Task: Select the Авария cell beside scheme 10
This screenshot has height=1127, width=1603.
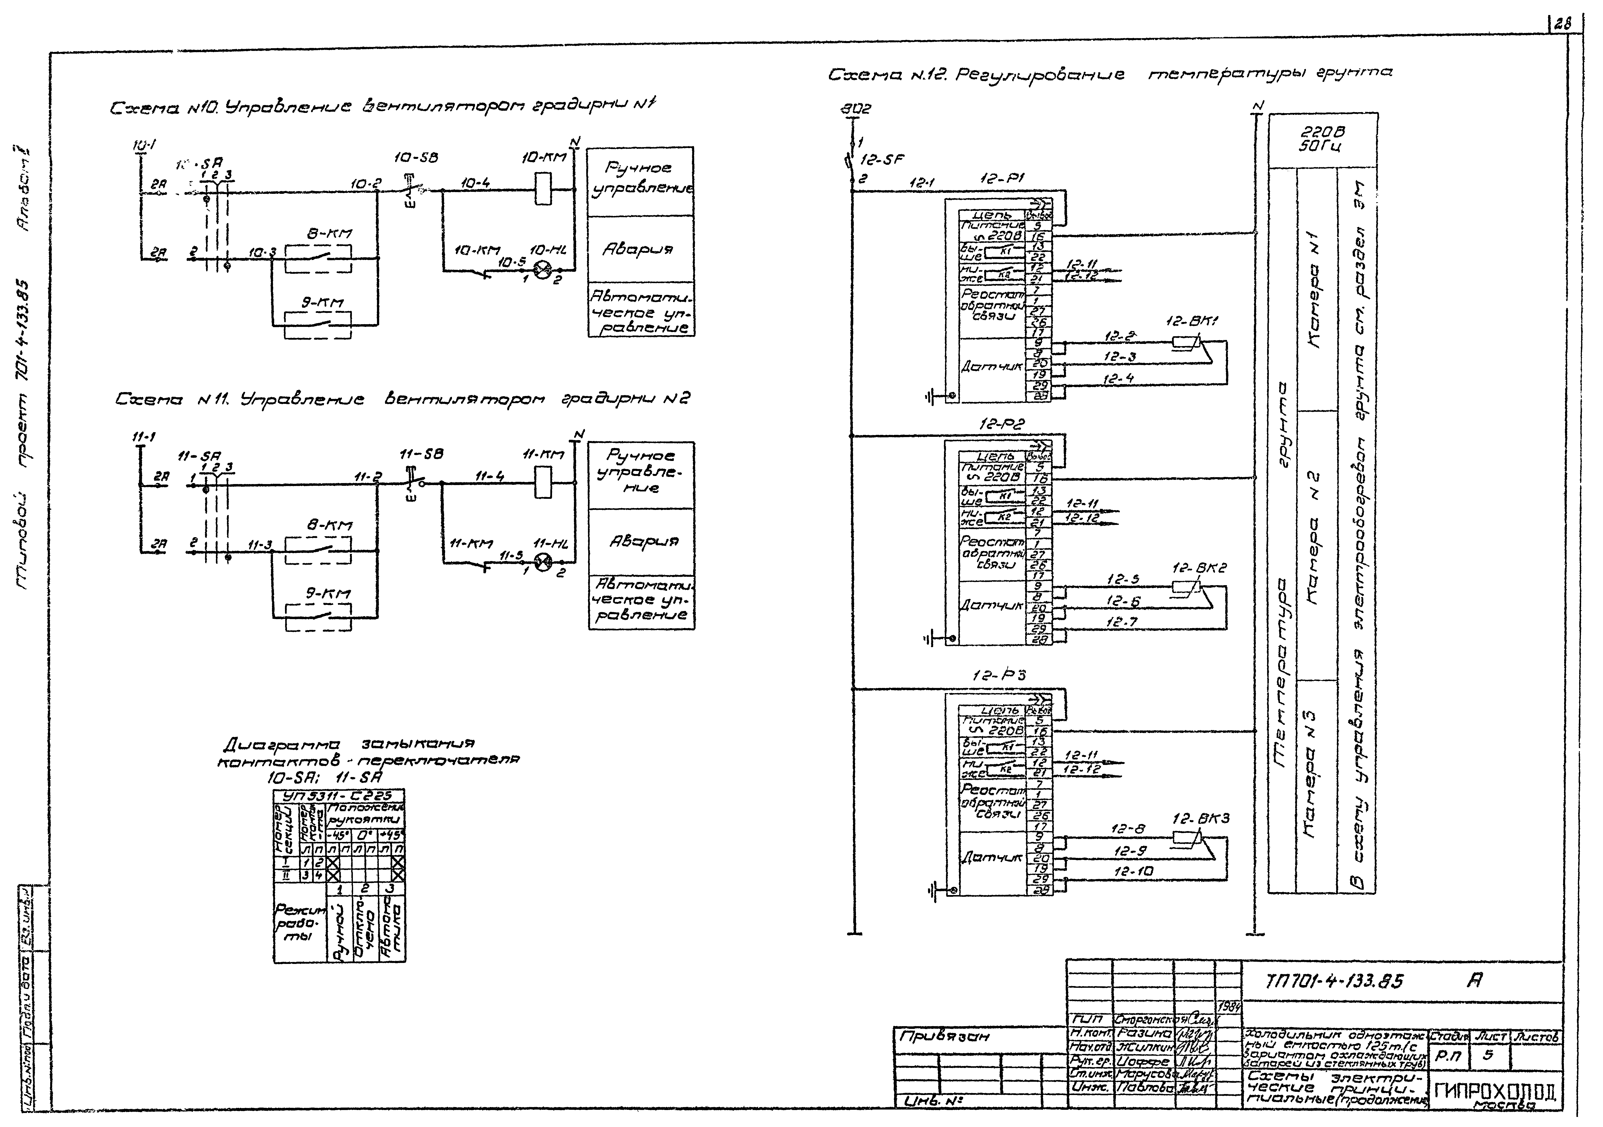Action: (x=640, y=249)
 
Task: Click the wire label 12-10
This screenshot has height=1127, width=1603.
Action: (x=1133, y=871)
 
